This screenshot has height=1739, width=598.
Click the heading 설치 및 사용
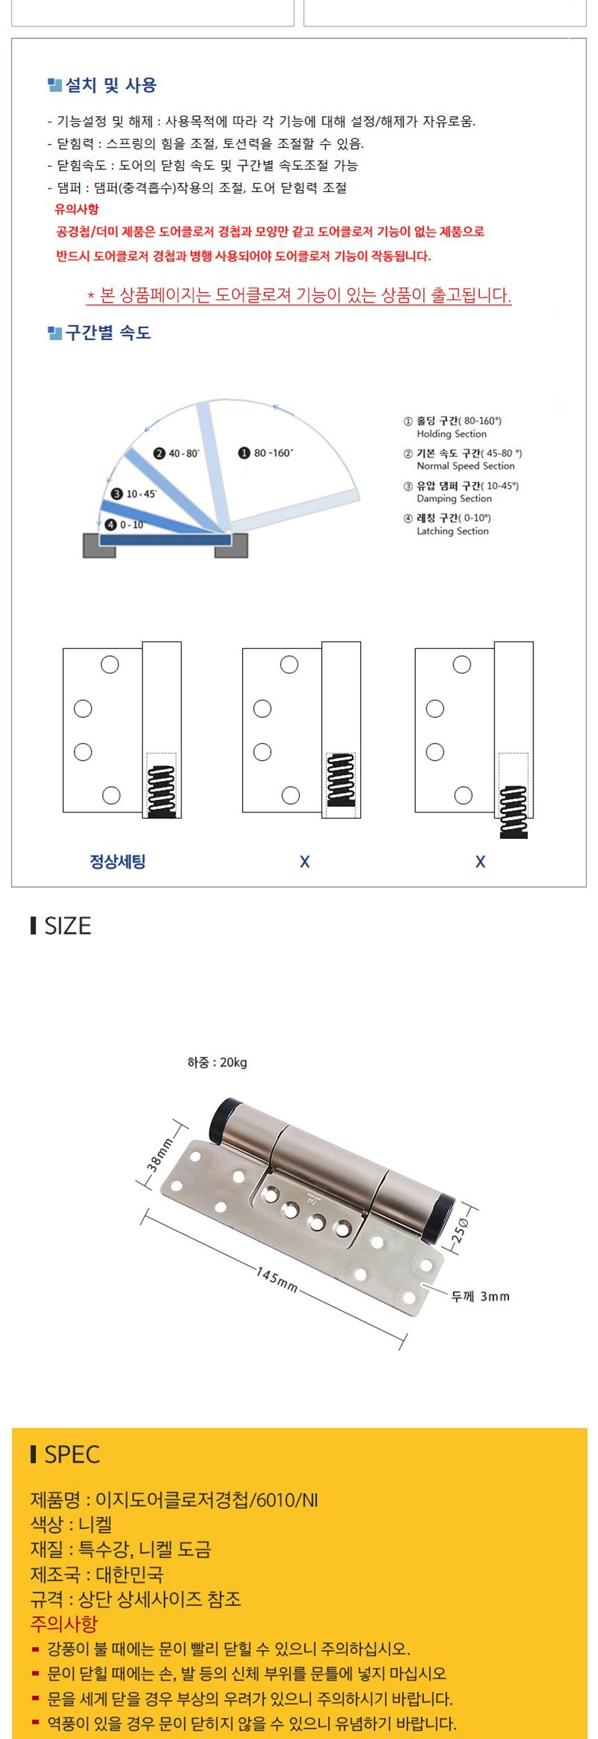pos(111,86)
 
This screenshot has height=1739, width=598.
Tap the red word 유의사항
pos(76,209)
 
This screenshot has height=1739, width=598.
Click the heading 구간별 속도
pos(108,332)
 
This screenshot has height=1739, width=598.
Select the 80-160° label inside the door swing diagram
pos(266,453)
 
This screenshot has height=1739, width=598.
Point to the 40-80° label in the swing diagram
pos(177,454)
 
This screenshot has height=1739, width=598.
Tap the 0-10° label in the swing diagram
pos(125,524)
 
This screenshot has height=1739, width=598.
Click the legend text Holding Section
pos(451,434)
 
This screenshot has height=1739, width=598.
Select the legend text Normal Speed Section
pos(466,466)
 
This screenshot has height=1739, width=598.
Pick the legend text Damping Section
pos(454,499)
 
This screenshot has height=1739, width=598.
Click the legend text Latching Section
pos(453,531)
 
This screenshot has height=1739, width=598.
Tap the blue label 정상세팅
pos(118,862)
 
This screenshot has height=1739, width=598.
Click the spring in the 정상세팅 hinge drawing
pos(162,791)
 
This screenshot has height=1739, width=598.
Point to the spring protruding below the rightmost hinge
pos(514,812)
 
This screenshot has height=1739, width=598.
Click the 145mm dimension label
pos(276,1279)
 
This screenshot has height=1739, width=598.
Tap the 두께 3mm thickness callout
pos(480,1297)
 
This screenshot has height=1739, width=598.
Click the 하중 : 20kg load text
pos(217,1062)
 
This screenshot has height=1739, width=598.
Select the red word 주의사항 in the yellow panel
pos(64,1624)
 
